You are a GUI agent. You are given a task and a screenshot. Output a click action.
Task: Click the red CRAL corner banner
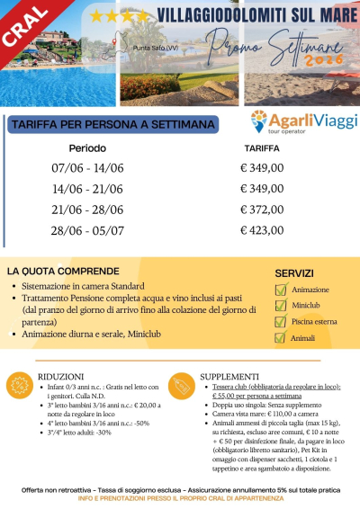click(27, 27)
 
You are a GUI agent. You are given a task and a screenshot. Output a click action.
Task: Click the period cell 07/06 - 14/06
click(88, 167)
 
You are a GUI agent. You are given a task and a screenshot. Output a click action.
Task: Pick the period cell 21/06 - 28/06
click(88, 210)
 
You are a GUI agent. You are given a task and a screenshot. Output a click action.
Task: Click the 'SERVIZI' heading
click(293, 272)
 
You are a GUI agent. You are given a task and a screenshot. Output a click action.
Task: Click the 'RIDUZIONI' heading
click(61, 375)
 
